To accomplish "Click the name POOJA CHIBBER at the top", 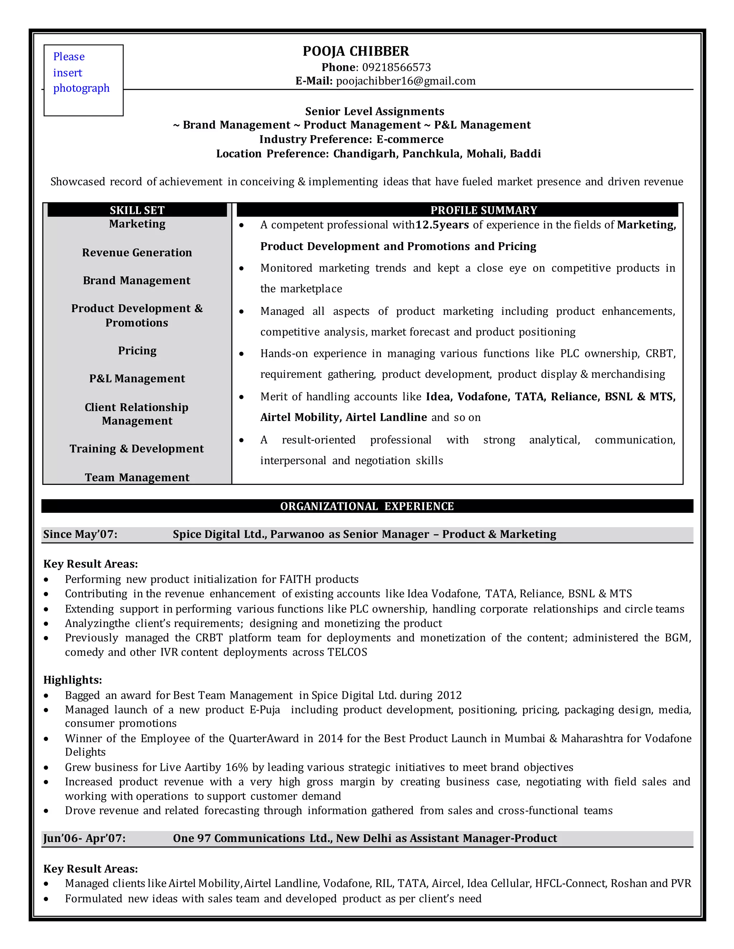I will [x=356, y=51].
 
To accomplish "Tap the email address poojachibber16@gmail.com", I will [x=405, y=81].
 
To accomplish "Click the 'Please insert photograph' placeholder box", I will [x=83, y=80].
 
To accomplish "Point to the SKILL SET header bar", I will [x=137, y=210].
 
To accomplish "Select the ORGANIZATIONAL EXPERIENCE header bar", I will [x=367, y=506].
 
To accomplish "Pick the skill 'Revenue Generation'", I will [x=137, y=253].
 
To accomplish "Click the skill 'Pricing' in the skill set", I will [x=137, y=351].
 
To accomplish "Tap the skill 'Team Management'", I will [x=137, y=477].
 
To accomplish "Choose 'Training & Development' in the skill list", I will [x=137, y=449].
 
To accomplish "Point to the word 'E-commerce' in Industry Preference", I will [x=410, y=139].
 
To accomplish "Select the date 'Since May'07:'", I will [x=80, y=534].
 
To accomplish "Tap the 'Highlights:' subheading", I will [x=73, y=680].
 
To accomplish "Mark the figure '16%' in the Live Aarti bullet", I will [x=237, y=767].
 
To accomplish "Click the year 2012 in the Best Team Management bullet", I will [x=449, y=695].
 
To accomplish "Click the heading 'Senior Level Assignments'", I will [x=375, y=112].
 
